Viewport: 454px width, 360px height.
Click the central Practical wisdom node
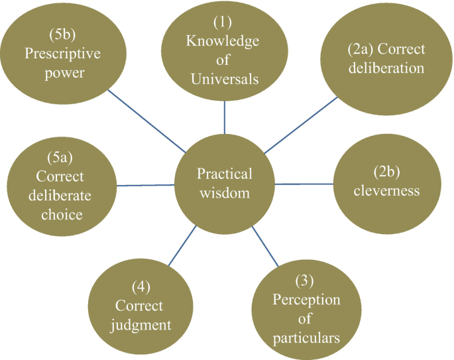pyautogui.click(x=224, y=184)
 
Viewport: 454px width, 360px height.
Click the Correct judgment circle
pyautogui.click(x=142, y=306)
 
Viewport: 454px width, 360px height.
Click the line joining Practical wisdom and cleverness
pyautogui.click(x=304, y=184)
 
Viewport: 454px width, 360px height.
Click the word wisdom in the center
pyautogui.click(x=224, y=194)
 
